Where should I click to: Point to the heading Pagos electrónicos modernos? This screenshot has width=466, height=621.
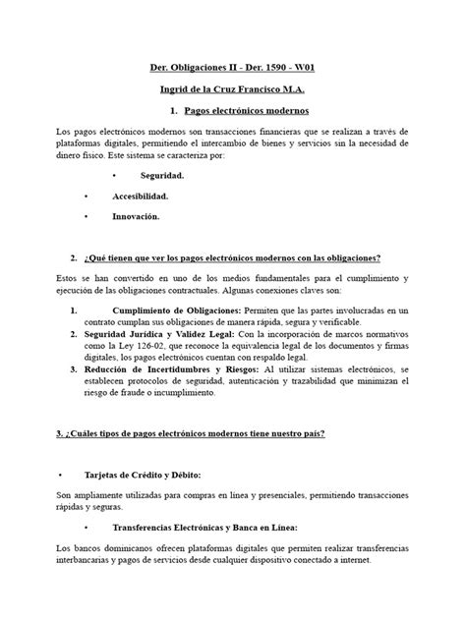pos(247,111)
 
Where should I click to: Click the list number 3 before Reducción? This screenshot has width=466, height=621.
pos(76,369)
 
